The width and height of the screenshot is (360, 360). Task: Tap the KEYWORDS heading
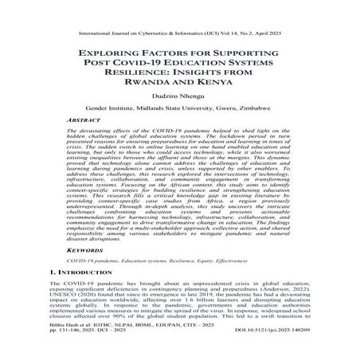coord(84,249)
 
